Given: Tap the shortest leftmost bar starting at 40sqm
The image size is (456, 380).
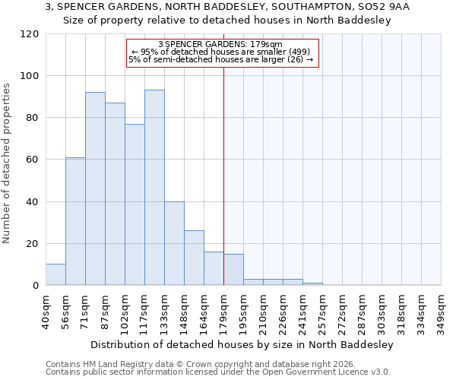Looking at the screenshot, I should pos(55,274).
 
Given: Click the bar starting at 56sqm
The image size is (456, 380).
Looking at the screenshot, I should pos(75,221).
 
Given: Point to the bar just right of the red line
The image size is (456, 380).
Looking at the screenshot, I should pos(233,270).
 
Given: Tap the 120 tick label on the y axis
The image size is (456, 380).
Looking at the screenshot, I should pos(30,34).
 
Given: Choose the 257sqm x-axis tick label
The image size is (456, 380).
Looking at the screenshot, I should pos(322,312).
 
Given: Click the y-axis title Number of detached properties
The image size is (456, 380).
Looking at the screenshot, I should pos(7,163).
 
